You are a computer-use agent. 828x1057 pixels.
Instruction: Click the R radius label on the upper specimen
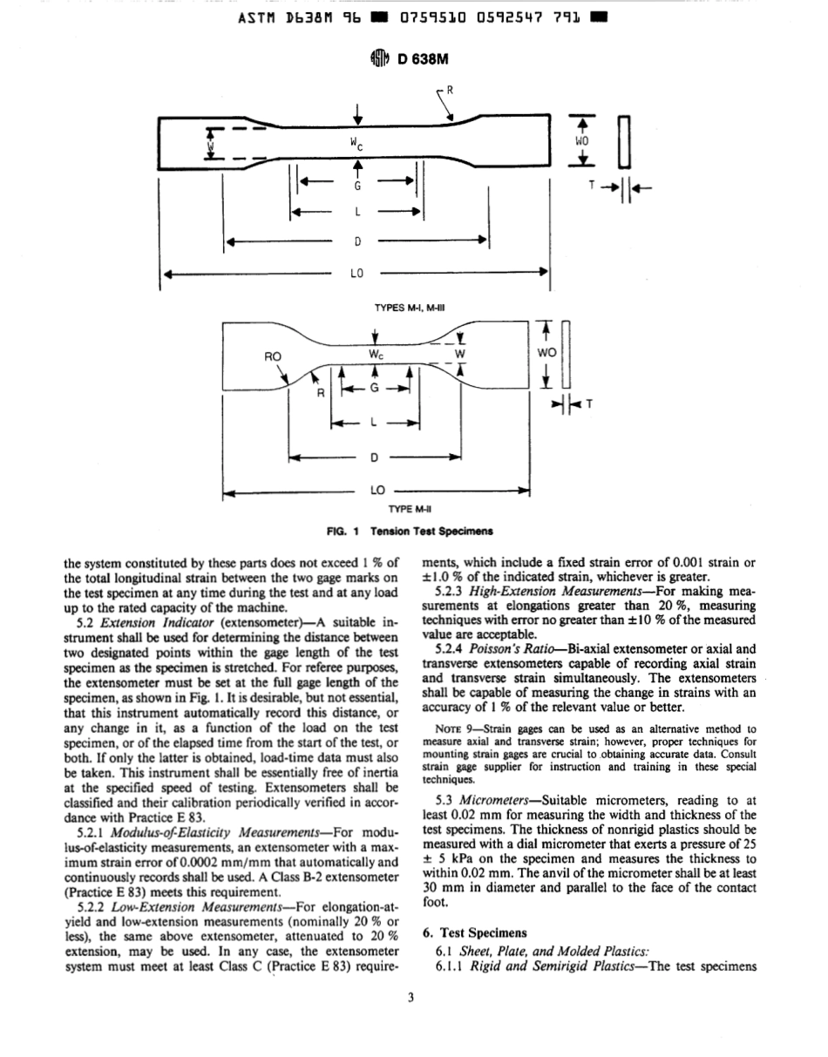pyautogui.click(x=451, y=90)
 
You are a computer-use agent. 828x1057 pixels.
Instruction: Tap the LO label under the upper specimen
pyautogui.click(x=356, y=273)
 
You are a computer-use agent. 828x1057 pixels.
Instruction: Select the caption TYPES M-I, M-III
pyautogui.click(x=411, y=307)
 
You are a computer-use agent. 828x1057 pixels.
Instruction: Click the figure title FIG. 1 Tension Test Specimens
pyautogui.click(x=409, y=530)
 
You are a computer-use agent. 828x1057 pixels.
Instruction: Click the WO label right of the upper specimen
pyautogui.click(x=582, y=140)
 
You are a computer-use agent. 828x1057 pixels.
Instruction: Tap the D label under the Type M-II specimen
pyautogui.click(x=374, y=456)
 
